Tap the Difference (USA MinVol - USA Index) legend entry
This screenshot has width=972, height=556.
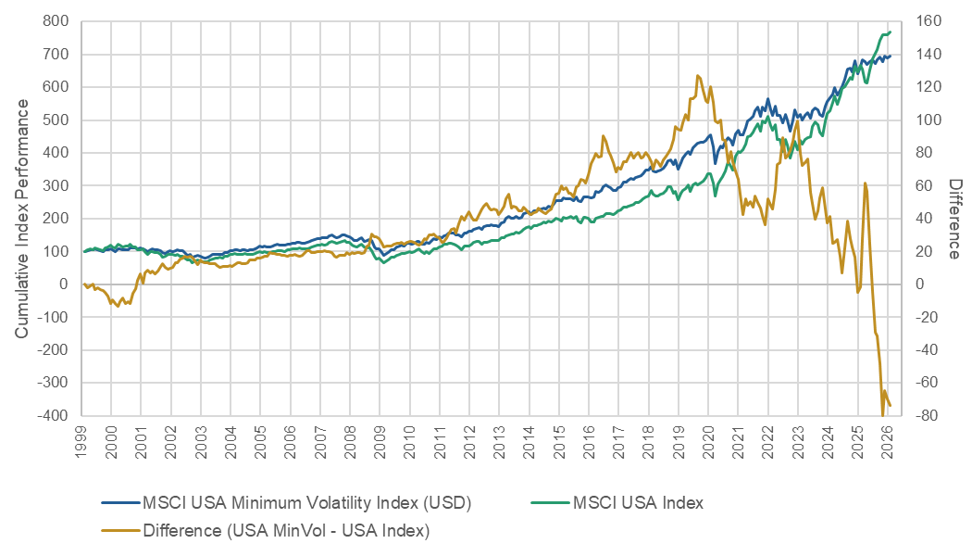click(x=286, y=531)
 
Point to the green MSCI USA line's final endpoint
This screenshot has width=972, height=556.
click(x=890, y=32)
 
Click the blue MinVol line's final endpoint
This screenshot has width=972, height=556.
click(x=890, y=56)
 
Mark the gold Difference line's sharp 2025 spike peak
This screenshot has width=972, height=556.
click(x=865, y=183)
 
